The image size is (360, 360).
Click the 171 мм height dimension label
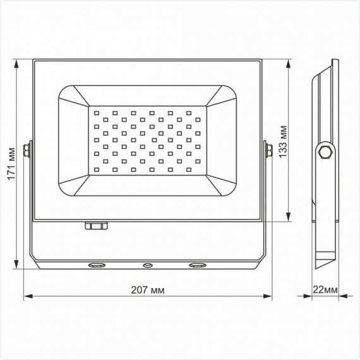pos(12,164)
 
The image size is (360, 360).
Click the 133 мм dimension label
pos(283,141)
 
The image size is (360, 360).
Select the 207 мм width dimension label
pos(148,290)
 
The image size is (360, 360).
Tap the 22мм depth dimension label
pos(325,290)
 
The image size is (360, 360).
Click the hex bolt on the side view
pos(325,152)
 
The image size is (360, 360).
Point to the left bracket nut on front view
pos(27,150)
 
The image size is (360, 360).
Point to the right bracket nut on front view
pos(269,150)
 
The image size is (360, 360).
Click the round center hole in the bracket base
pos(148,265)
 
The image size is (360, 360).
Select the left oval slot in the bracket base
pos(97,265)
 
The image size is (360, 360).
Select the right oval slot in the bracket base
pos(198,265)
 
